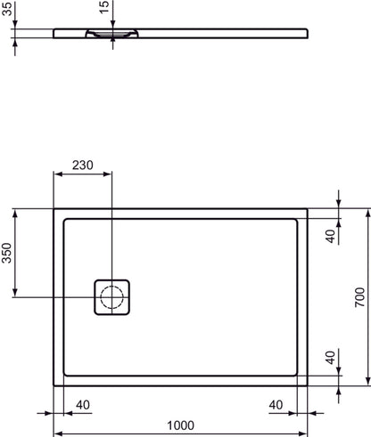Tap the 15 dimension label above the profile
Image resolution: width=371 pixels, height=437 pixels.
click(104, 11)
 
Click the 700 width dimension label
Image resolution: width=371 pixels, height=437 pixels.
click(359, 297)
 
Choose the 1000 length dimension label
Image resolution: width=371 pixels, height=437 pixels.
click(181, 427)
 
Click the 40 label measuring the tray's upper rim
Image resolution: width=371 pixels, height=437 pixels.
click(329, 235)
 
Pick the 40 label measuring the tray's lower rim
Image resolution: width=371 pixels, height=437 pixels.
click(329, 360)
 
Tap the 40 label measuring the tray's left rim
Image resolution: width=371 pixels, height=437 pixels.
click(83, 405)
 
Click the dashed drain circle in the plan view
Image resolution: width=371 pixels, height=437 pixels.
click(113, 296)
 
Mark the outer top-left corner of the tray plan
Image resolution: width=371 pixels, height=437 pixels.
click(54, 210)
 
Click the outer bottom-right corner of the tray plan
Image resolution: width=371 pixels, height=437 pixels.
click(309, 386)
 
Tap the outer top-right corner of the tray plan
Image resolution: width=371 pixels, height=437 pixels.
click(309, 210)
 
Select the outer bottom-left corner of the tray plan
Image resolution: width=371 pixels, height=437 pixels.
click(54, 386)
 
